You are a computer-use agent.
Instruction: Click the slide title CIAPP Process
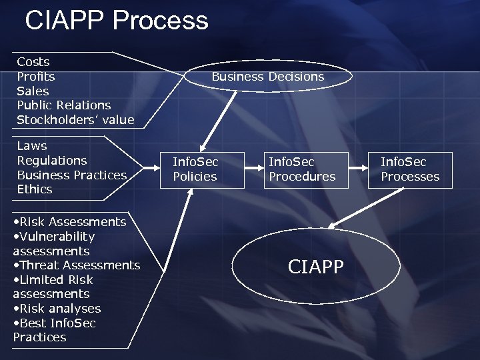coord(117,21)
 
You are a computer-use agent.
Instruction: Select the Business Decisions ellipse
coord(267,77)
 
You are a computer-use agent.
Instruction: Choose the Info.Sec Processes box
coord(410,169)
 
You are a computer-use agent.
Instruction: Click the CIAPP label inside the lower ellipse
coord(316,267)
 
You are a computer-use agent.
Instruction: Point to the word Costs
coord(33,62)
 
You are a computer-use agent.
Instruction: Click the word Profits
coord(36,77)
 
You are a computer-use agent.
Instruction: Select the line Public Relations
coord(64,105)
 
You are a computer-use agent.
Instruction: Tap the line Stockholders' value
coord(75,120)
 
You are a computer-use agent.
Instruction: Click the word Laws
coord(32,146)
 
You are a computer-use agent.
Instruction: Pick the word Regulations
coord(52,161)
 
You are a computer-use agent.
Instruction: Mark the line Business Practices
coord(71,175)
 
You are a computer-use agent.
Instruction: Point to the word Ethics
coord(35,189)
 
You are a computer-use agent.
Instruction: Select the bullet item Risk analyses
coord(59,309)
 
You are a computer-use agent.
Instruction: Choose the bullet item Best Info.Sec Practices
coord(55,330)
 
